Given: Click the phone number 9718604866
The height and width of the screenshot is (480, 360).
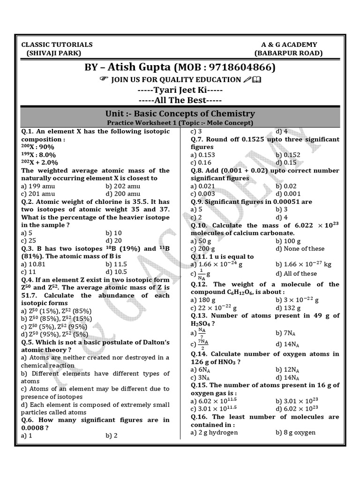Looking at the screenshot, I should coord(238,67).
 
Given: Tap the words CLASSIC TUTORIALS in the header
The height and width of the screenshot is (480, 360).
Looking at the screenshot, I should coord(57,45).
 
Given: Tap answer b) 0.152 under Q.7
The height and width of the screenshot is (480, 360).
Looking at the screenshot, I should coord(288,155).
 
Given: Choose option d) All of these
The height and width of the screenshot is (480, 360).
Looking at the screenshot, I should coord(296,273).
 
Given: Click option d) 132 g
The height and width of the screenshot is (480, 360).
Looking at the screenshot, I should coord(287,307).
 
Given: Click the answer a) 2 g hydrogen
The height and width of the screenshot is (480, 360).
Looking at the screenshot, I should coord(214,432).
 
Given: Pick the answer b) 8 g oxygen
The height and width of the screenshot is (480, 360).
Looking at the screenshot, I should coord(295,432).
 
